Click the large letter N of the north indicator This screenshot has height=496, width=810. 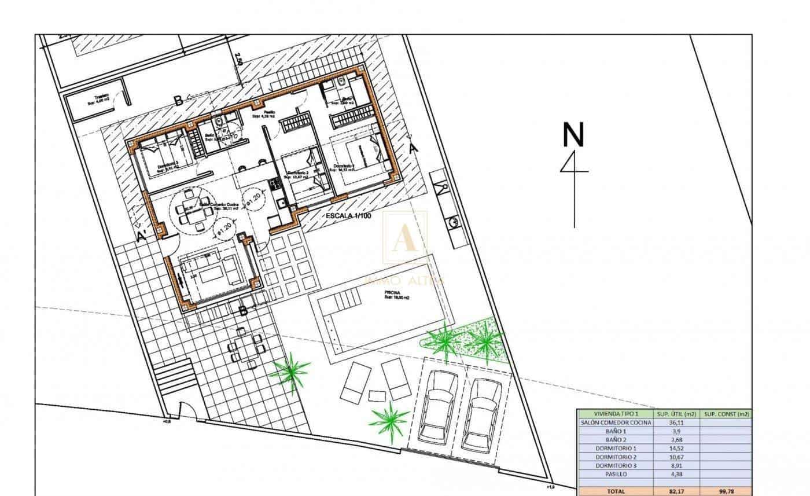573,135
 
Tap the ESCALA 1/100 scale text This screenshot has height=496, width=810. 347,216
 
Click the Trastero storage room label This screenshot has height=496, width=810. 86,98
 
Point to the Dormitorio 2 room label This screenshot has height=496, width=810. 296,174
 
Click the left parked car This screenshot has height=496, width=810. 438,406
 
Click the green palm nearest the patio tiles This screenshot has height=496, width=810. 290,372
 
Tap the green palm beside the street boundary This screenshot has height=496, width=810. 390,417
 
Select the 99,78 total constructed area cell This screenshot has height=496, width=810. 727,491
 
